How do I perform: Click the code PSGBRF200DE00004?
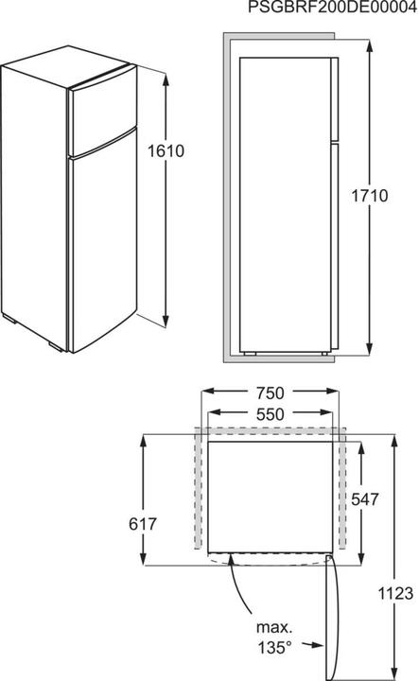coord(330,9)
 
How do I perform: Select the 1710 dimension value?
coord(388,197)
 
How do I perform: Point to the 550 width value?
coord(269,413)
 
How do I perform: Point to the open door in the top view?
coord(330,615)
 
